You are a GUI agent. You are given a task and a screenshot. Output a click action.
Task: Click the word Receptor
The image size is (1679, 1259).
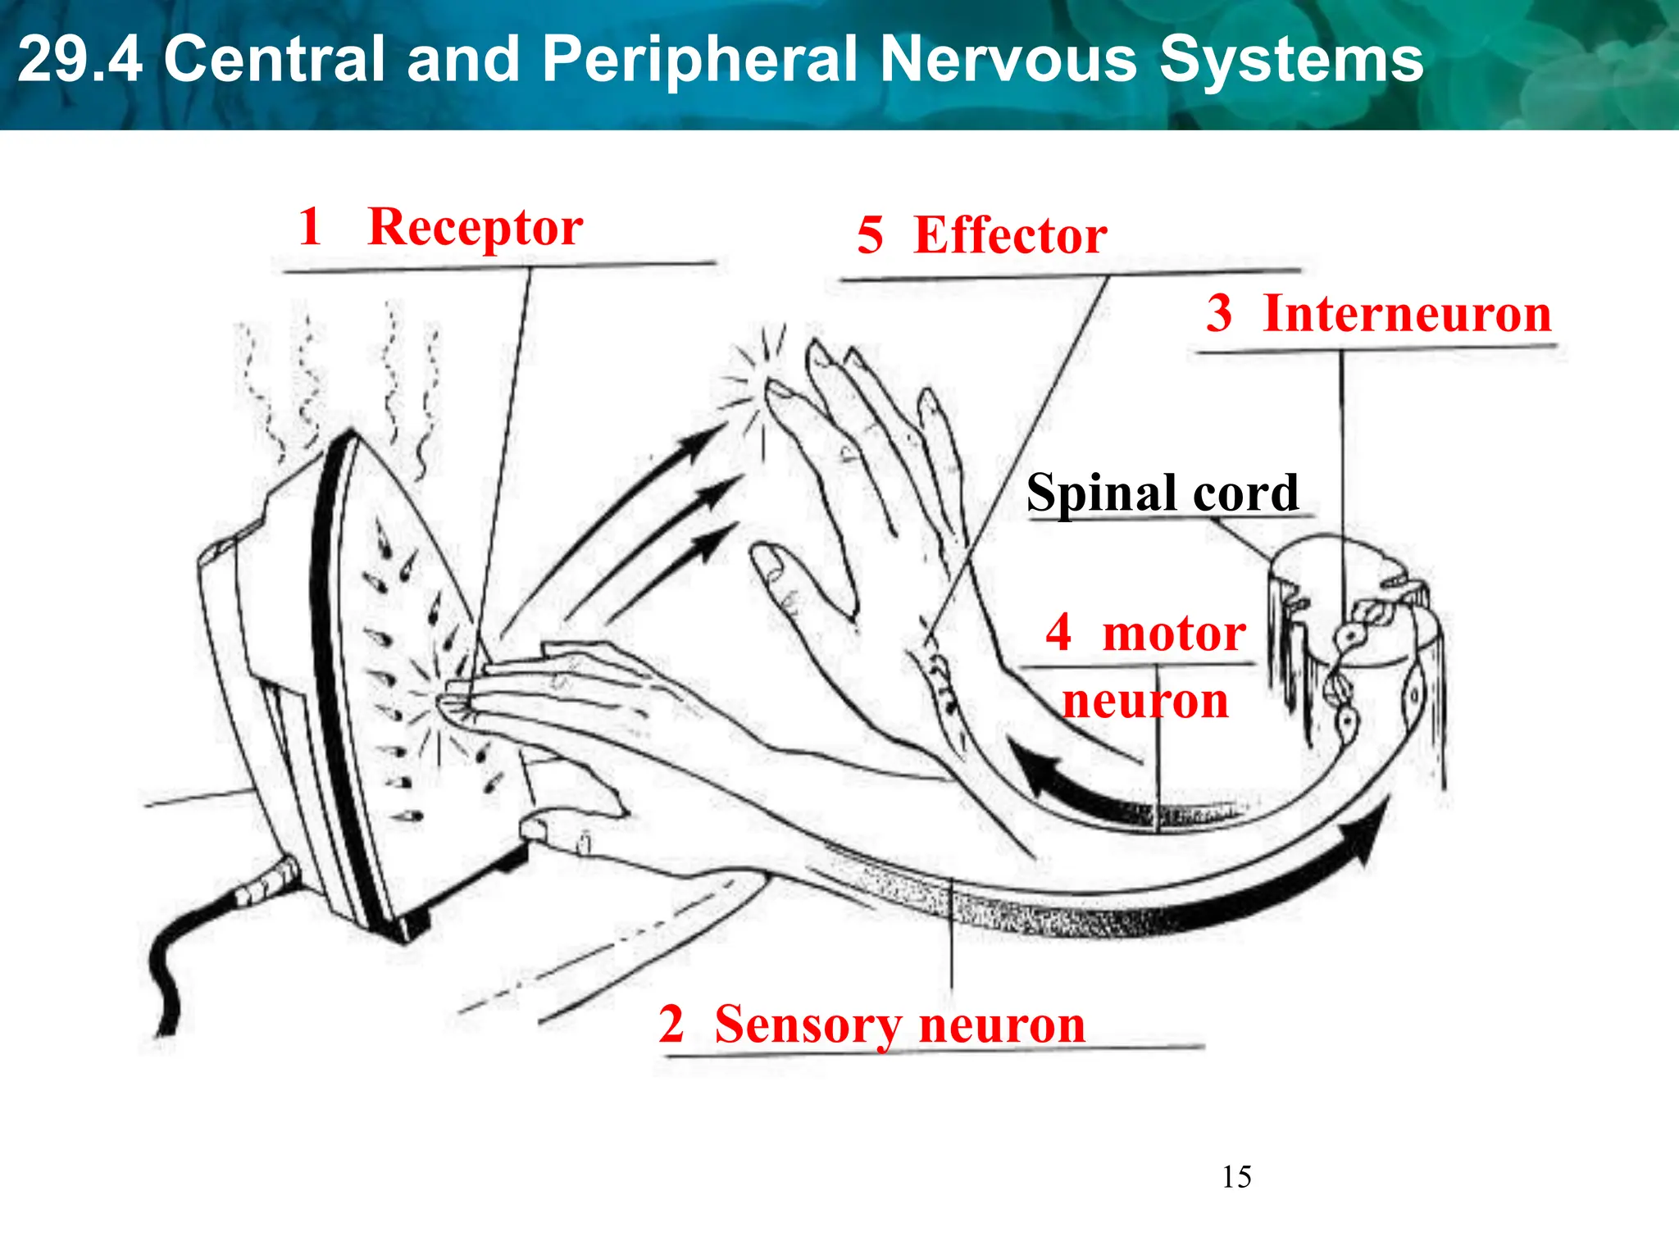point(475,228)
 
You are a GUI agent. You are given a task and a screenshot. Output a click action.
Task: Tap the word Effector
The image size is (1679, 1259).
point(1010,236)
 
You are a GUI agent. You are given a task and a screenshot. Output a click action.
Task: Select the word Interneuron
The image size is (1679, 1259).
point(1408,314)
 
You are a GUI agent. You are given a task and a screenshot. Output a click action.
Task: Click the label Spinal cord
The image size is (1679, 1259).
point(1162,493)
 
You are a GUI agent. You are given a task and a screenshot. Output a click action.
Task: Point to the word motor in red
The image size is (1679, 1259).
point(1174,634)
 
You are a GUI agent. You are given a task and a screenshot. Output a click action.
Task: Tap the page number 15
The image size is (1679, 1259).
point(1236,1177)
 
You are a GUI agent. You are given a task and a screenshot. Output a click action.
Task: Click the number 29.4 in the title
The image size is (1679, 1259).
point(80,59)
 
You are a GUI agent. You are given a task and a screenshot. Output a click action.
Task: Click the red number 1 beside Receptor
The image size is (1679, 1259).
point(310,226)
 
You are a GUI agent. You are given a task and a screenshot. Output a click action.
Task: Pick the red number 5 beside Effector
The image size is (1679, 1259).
point(870,236)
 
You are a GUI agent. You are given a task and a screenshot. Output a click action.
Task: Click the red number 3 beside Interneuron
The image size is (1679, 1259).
point(1219,314)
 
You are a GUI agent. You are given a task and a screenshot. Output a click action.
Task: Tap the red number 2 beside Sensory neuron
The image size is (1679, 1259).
point(671,1025)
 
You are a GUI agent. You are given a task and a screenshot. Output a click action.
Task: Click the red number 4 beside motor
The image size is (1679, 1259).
point(1058,633)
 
